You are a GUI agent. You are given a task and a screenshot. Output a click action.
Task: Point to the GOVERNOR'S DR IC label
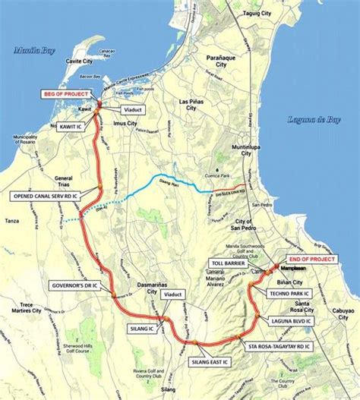coord(75,286)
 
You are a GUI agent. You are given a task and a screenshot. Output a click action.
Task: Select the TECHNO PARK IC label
coord(292,292)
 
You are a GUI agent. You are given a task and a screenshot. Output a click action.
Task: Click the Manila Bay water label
coord(29,50)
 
